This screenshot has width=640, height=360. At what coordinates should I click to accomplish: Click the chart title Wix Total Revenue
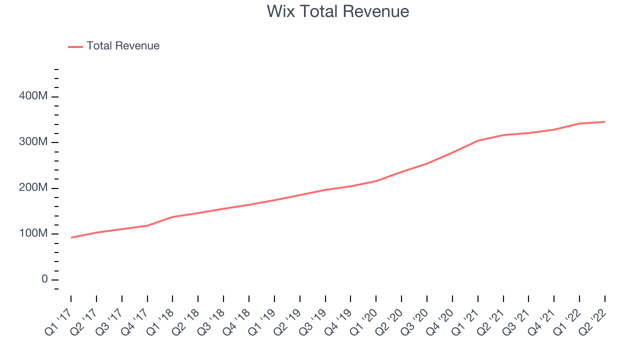(x=337, y=11)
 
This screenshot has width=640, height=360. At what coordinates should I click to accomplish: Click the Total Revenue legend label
(x=123, y=45)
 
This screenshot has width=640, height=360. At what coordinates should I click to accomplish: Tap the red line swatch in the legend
(x=75, y=47)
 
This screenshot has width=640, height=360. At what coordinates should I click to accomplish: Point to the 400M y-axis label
(x=33, y=95)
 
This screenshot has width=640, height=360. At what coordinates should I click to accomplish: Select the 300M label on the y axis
(x=33, y=141)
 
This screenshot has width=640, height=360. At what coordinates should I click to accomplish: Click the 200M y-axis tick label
(x=33, y=187)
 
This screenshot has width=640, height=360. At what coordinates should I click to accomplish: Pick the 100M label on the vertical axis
(x=33, y=233)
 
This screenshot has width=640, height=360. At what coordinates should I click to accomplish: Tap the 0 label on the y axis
(x=44, y=279)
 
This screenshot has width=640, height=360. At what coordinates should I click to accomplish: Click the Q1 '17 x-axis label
(x=58, y=322)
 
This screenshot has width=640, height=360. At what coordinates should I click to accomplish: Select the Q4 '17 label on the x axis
(x=135, y=322)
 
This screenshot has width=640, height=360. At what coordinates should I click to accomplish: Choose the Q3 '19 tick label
(x=313, y=322)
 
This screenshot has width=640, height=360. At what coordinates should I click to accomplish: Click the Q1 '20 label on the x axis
(x=363, y=322)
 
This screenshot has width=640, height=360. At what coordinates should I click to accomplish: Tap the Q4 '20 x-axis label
(x=440, y=322)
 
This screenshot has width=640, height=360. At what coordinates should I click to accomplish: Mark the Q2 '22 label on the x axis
(x=592, y=322)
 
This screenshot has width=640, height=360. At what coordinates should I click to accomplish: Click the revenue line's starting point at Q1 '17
(x=71, y=237)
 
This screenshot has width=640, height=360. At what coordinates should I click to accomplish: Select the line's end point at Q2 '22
(x=604, y=122)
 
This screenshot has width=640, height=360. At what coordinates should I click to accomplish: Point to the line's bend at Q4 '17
(x=147, y=225)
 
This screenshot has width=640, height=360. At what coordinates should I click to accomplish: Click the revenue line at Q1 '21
(x=478, y=140)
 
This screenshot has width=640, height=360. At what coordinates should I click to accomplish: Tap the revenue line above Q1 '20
(x=376, y=181)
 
